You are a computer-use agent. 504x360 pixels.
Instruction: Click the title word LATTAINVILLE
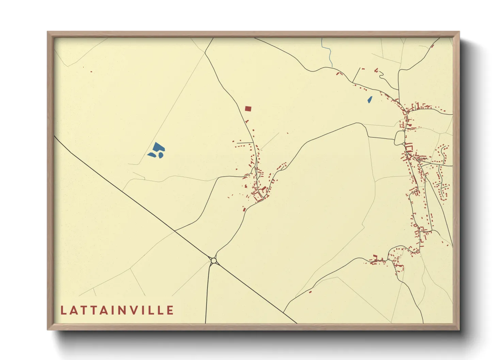click(x=117, y=310)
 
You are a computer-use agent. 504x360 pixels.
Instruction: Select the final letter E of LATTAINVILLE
click(x=170, y=310)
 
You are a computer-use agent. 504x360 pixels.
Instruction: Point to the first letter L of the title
click(x=63, y=310)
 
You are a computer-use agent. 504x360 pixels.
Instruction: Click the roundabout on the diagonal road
click(x=214, y=261)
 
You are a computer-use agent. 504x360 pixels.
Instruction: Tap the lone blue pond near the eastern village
click(x=369, y=100)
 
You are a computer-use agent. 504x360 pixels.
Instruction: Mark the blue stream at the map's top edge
click(x=329, y=53)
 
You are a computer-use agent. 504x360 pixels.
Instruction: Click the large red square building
click(x=248, y=109)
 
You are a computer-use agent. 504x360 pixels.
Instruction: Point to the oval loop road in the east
click(x=400, y=138)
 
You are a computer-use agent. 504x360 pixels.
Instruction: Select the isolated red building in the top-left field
click(x=91, y=71)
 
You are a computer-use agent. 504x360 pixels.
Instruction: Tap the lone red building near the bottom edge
click(x=310, y=292)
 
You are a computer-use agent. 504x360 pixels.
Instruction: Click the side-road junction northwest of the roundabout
click(x=175, y=231)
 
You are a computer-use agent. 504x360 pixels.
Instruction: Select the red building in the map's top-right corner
click(x=432, y=46)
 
